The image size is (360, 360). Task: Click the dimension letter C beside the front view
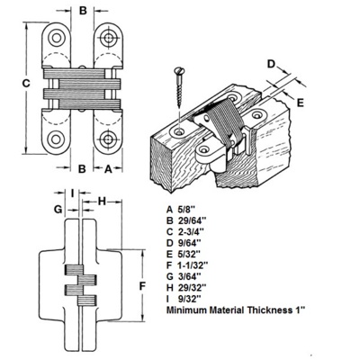coord(27,84)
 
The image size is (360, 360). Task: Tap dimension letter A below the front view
coord(107,168)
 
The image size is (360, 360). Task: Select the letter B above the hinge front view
coord(83,11)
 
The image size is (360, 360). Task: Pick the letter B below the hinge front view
coord(82,168)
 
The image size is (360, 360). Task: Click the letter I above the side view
coord(73,192)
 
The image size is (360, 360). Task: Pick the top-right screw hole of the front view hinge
coord(109,38)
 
